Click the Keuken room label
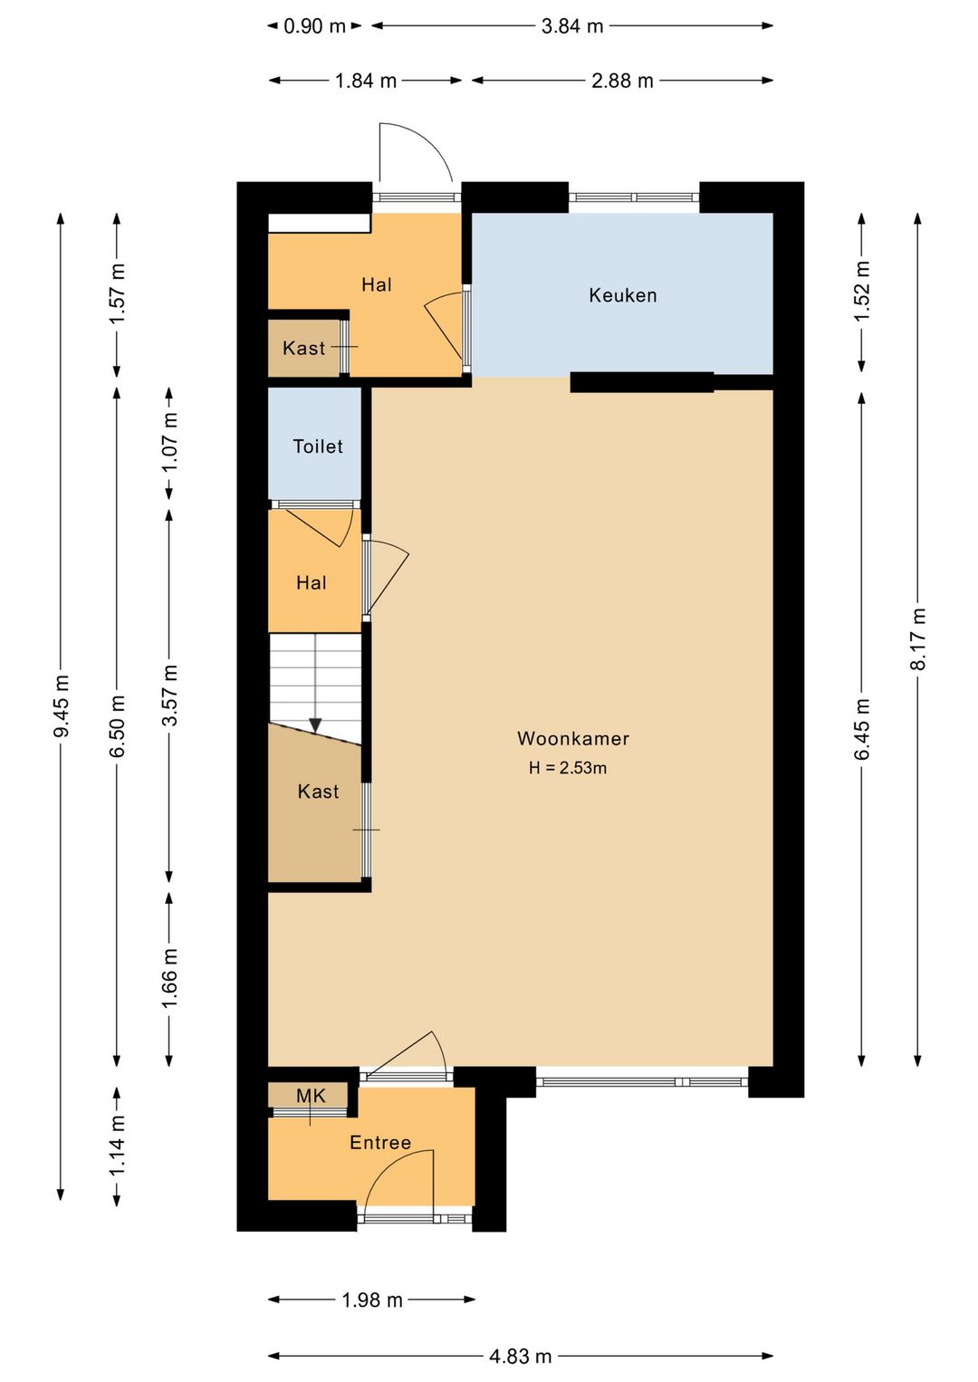[x=623, y=295]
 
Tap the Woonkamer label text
[x=573, y=738]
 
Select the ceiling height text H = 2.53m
[x=568, y=767]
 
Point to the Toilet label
[x=318, y=446]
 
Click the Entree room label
[x=380, y=1143]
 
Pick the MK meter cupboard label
[x=311, y=1096]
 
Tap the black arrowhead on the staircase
[x=315, y=725]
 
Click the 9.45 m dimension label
[x=62, y=705]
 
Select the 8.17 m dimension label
[x=918, y=638]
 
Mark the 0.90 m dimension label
[x=315, y=26]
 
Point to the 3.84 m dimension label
[x=572, y=26]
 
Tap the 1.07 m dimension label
[x=169, y=441]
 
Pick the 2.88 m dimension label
[x=622, y=81]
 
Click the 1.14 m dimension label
[x=117, y=1146]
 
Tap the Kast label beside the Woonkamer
[x=319, y=792]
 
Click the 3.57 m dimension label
[x=169, y=695]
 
